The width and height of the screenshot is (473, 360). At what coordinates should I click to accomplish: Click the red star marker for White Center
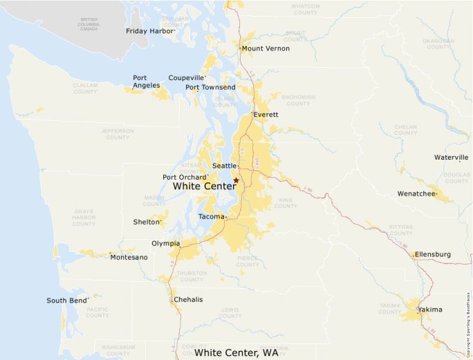click(x=236, y=180)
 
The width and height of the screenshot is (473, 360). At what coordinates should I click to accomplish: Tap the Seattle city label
click(x=224, y=166)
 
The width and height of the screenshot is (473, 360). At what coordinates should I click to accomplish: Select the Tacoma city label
click(x=211, y=217)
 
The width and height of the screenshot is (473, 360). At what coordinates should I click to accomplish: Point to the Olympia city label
click(x=165, y=243)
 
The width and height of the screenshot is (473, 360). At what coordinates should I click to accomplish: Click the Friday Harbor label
click(x=149, y=31)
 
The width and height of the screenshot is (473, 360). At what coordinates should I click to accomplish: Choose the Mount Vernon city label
click(x=266, y=48)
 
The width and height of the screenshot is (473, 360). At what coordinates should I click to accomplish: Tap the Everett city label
click(x=266, y=114)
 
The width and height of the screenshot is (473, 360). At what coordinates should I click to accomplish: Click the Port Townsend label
click(x=210, y=87)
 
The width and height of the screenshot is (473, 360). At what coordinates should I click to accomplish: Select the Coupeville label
click(x=186, y=78)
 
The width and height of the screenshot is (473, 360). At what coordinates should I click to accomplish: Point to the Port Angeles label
click(x=147, y=82)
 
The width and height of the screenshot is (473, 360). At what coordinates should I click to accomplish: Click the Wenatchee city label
click(x=416, y=193)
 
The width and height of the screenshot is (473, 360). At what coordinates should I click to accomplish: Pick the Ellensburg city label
click(x=433, y=254)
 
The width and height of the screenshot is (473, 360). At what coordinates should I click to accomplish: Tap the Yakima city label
click(x=430, y=310)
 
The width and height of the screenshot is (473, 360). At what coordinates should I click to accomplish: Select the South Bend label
click(x=66, y=301)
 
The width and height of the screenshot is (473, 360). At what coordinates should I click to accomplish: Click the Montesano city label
click(x=129, y=257)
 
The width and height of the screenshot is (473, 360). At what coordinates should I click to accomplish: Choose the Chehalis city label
click(x=188, y=299)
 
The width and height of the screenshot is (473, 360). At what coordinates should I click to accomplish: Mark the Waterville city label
click(x=451, y=158)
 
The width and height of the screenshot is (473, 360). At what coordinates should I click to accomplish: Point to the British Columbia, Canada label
click(x=89, y=24)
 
